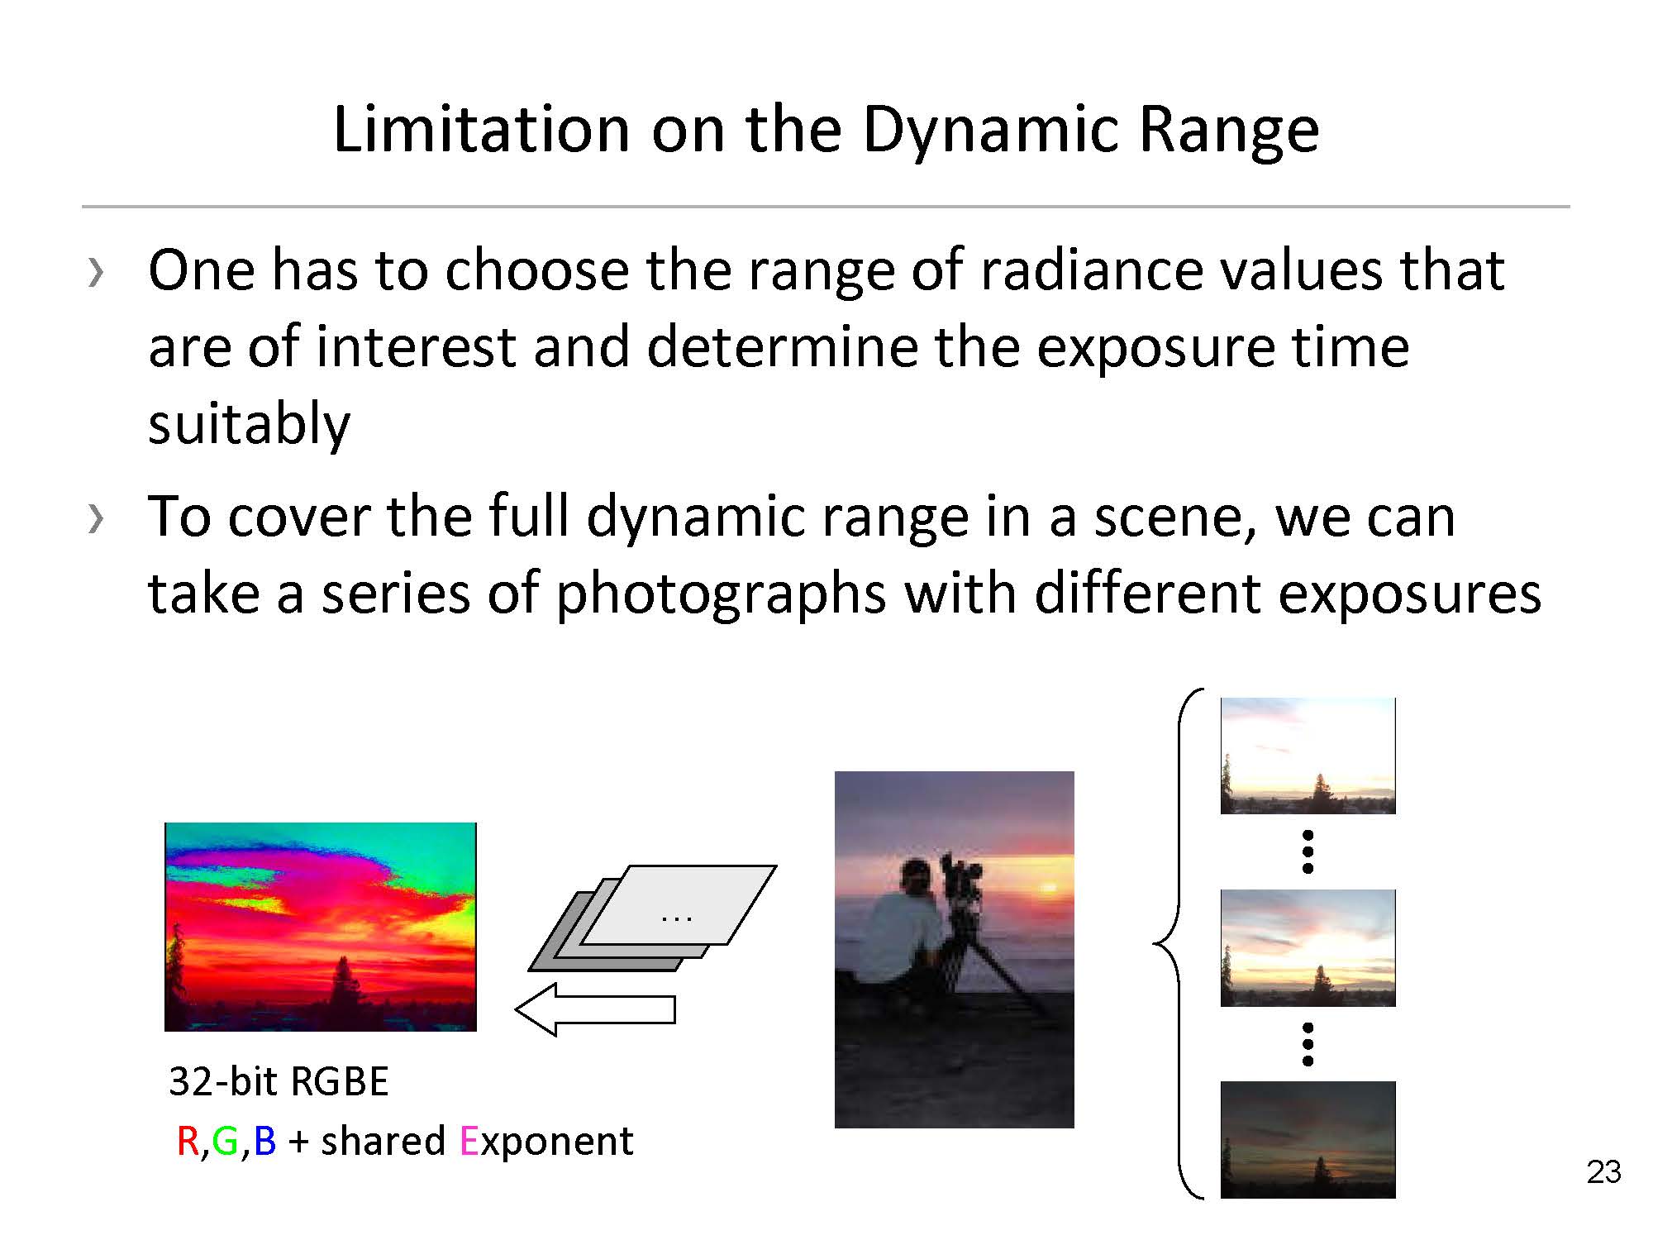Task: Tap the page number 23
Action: tap(1603, 1172)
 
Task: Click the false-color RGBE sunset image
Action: tap(321, 927)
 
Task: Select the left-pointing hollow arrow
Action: tap(595, 1009)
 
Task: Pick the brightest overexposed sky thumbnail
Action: tap(1308, 756)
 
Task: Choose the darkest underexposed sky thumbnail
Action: tap(1308, 1140)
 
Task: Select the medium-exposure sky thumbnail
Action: tap(1308, 948)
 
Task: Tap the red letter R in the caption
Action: tap(188, 1142)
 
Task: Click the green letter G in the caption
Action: tap(225, 1142)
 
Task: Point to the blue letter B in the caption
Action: tap(264, 1142)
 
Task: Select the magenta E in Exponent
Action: tap(468, 1142)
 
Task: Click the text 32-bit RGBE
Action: tap(279, 1081)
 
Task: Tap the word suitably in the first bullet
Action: tap(249, 424)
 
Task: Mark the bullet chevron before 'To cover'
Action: tap(96, 517)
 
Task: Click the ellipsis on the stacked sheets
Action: tap(677, 918)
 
